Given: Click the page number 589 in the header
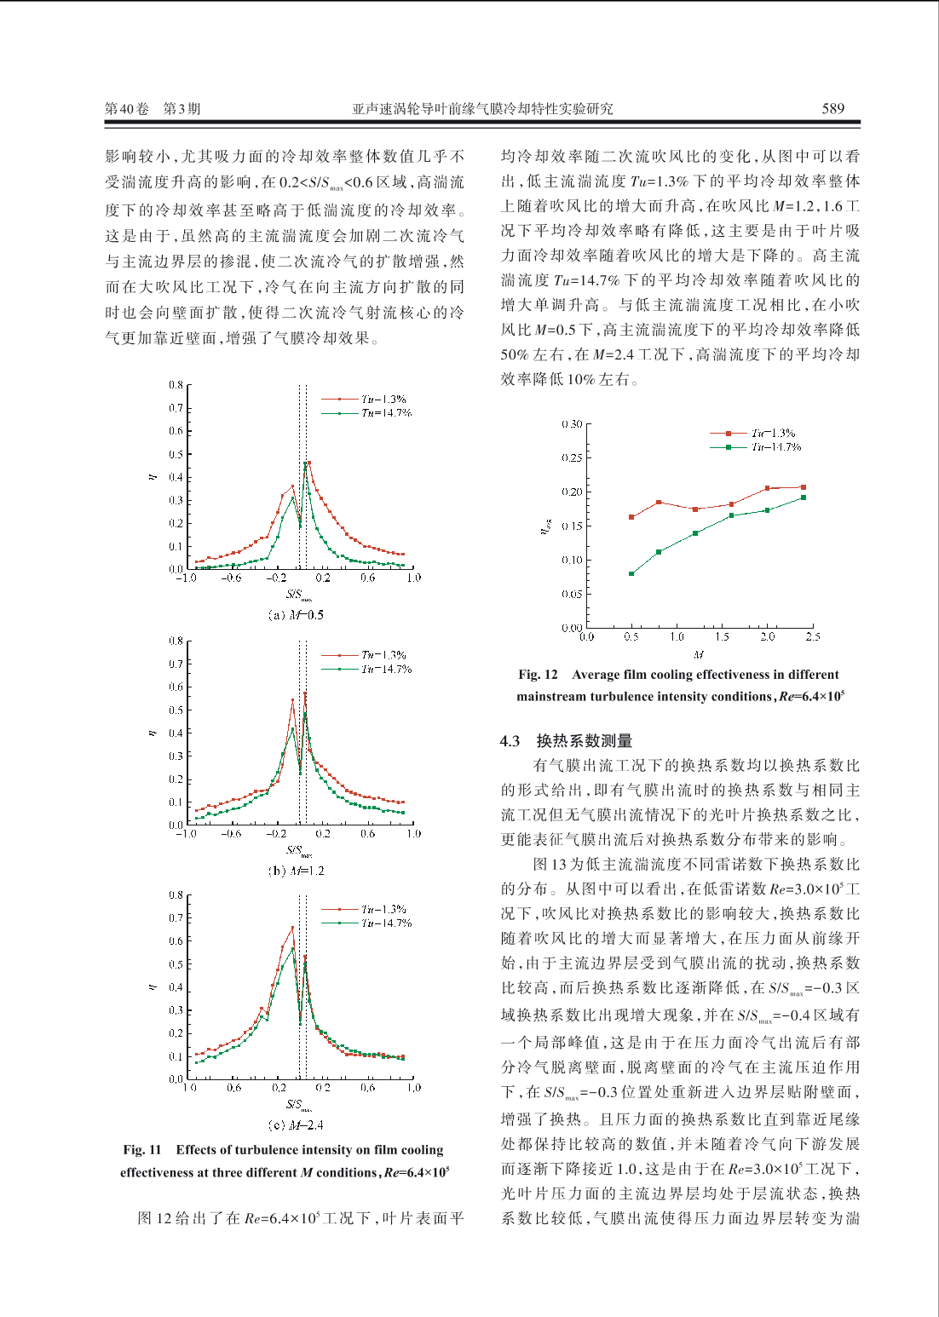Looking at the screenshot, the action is point(832,109).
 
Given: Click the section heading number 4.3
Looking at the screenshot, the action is point(510,741).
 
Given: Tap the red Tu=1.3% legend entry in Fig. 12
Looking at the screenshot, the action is point(752,434).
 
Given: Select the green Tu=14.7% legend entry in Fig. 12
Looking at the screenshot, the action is point(756,447).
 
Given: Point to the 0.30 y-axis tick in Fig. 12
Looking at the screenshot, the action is point(572,424).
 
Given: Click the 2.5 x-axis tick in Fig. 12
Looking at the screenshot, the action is point(813,636).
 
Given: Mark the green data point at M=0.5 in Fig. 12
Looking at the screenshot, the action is point(631,574).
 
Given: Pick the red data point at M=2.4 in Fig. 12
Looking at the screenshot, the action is point(804,487).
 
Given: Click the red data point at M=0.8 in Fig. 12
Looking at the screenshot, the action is point(659,503).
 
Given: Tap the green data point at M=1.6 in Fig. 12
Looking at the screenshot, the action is point(731,515).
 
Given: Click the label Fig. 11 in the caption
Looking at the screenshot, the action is point(142,1150).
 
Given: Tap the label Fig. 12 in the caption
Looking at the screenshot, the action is point(538,675).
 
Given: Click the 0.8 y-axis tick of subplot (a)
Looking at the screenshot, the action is point(176,385).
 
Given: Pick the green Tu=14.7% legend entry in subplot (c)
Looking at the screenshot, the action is point(366,923).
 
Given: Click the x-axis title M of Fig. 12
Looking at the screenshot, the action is point(699,654).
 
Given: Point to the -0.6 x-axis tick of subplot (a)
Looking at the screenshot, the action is point(231,578).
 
